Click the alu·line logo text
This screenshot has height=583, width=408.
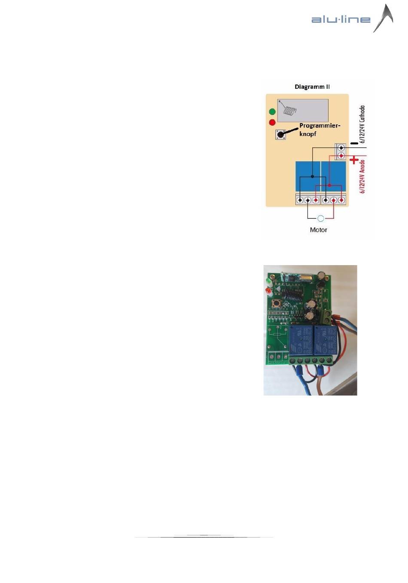[341, 19]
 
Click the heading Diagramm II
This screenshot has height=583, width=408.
[312, 87]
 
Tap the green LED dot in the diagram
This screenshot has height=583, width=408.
[272, 112]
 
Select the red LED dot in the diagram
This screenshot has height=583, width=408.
[272, 122]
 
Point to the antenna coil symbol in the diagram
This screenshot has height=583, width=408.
[286, 110]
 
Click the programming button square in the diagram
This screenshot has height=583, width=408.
[280, 134]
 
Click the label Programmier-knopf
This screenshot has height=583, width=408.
[320, 130]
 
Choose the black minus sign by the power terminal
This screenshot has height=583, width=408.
[353, 143]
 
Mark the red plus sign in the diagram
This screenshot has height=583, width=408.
[354, 160]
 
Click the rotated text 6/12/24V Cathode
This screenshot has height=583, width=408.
[362, 124]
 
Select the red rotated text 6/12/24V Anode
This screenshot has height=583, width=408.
[362, 176]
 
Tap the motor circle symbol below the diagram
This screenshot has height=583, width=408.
[320, 218]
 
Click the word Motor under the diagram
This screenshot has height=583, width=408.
[318, 230]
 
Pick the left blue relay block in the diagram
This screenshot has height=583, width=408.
[308, 177]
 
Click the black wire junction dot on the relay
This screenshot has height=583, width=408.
[313, 176]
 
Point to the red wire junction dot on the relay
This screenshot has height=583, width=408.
[329, 185]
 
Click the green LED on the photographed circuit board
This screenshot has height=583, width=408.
[268, 281]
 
